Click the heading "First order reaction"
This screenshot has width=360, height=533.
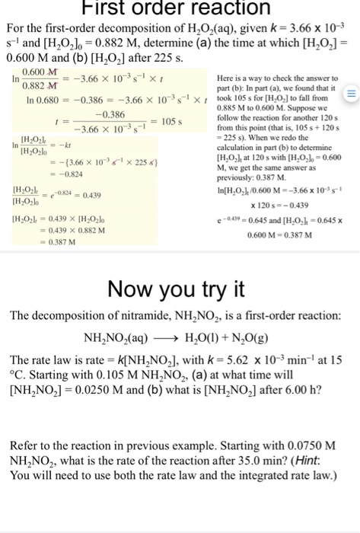click(x=180, y=8)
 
